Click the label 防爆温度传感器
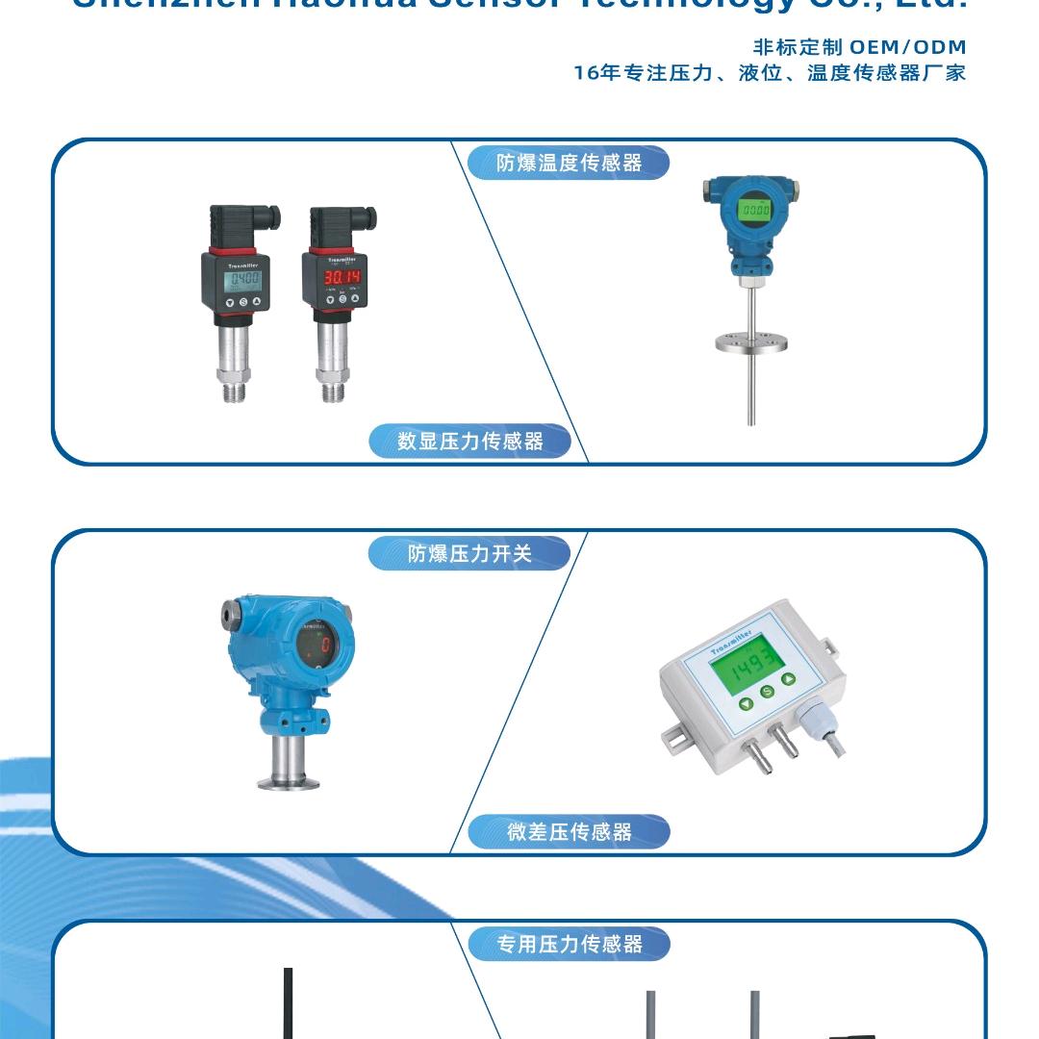(569, 163)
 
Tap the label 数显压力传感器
(470, 442)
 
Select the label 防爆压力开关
(469, 554)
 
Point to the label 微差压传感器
(569, 832)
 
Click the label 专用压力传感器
(569, 944)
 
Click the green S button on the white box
(767, 693)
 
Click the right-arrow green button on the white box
(789, 680)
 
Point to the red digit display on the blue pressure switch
(325, 646)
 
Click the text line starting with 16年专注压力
(769, 73)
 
